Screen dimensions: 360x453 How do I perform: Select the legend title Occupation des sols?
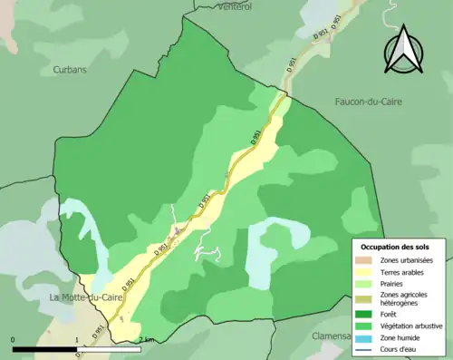point(395,247)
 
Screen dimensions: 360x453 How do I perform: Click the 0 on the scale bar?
point(14,340)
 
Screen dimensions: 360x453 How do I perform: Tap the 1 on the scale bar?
point(77,340)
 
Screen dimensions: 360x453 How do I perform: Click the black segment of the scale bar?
point(45,349)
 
